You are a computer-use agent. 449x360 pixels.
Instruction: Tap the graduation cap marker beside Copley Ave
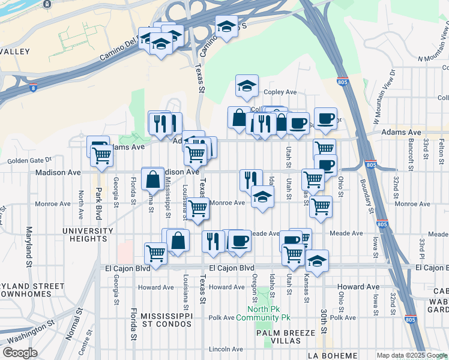pos(247,86)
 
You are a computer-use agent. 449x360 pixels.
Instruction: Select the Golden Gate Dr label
pos(29,161)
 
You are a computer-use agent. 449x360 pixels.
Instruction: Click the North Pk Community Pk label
pos(263,313)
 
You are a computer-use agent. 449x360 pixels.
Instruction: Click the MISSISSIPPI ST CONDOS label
pos(161,319)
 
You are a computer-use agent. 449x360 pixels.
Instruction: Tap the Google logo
pos(20,353)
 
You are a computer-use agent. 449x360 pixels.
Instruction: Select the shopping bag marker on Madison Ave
pos(152,179)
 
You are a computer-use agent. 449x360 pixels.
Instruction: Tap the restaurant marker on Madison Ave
pos(251,179)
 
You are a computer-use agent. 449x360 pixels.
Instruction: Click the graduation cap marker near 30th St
pos(317,262)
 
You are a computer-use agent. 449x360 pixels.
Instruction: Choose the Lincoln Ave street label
pos(226,349)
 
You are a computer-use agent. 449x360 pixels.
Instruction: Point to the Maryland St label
pos(28,246)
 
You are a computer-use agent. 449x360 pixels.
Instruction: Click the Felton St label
pos(441,150)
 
